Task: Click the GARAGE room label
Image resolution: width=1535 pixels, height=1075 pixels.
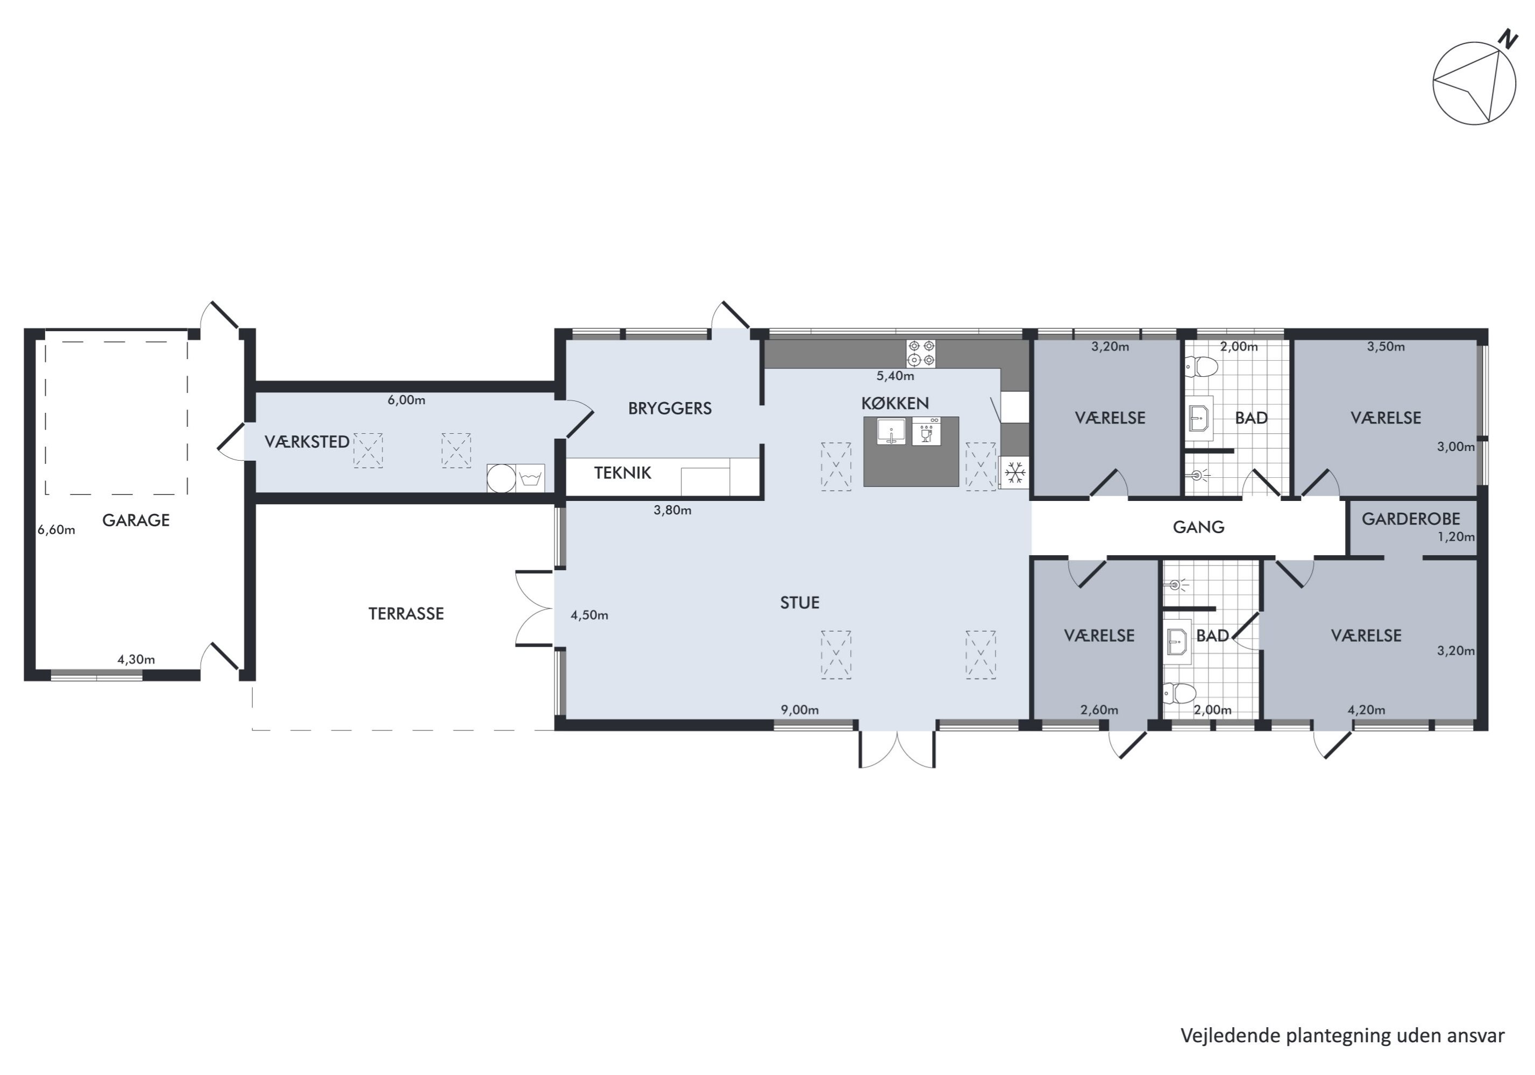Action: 136,520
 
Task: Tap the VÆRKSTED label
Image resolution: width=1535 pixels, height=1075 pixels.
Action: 307,442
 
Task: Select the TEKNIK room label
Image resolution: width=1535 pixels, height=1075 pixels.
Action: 622,473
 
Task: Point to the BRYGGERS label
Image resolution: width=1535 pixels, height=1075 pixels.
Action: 670,408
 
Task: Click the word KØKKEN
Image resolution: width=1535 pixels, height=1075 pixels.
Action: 895,403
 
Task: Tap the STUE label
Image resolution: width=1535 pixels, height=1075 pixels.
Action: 800,603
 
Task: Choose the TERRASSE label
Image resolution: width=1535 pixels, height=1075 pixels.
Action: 406,614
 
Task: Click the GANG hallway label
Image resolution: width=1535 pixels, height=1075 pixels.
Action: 1199,527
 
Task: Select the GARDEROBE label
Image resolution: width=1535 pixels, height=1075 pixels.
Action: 1411,519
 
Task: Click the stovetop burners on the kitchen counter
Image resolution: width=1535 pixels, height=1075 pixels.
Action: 921,354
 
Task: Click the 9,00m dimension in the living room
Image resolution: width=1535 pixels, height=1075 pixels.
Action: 800,710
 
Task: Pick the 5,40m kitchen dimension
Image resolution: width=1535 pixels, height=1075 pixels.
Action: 895,376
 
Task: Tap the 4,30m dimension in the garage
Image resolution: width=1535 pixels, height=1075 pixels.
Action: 137,660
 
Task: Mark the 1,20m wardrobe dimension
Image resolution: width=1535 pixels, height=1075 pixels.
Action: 1456,536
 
